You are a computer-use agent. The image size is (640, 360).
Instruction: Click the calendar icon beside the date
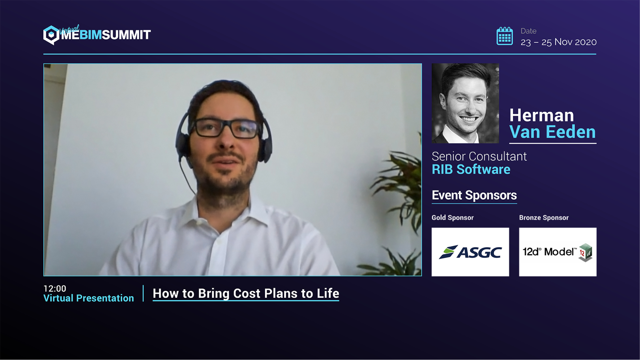[x=505, y=36]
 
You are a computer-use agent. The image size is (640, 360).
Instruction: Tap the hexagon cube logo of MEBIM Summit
[x=51, y=35]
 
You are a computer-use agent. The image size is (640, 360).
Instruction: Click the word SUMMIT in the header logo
[x=126, y=35]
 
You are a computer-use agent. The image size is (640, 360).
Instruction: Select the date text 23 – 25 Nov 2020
[x=558, y=42]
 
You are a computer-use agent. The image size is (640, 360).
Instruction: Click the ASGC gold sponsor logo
[x=470, y=252]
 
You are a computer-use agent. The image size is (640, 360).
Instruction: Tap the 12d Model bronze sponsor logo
[x=558, y=252]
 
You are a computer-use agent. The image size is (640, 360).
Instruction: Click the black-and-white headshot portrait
[x=465, y=103]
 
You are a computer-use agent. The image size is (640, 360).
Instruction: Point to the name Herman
[x=541, y=115]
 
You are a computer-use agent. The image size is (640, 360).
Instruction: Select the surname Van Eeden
[x=553, y=132]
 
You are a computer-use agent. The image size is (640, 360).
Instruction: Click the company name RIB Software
[x=471, y=169]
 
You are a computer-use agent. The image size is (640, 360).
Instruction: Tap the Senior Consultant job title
[x=479, y=156]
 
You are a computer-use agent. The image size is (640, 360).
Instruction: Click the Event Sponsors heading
[x=474, y=195]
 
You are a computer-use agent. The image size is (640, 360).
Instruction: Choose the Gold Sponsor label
[x=453, y=218]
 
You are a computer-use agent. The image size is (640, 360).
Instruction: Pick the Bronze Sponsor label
[x=544, y=218]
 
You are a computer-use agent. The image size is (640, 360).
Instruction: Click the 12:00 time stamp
[x=55, y=288]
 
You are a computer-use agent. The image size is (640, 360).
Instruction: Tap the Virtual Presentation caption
[x=89, y=298]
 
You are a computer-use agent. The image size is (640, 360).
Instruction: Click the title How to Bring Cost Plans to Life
[x=246, y=293]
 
